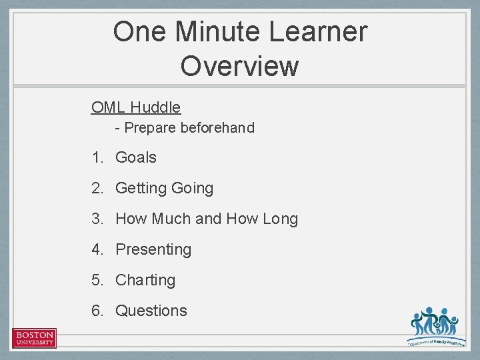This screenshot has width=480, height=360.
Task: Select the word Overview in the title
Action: click(x=239, y=66)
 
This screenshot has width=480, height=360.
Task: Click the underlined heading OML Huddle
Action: click(x=136, y=107)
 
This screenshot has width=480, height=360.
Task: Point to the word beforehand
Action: click(x=217, y=127)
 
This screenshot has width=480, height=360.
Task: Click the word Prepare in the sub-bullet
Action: click(x=150, y=127)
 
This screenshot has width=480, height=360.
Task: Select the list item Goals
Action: click(x=136, y=158)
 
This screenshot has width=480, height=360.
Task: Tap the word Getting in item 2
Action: click(x=141, y=189)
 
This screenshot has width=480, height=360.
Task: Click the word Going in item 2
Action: click(x=192, y=189)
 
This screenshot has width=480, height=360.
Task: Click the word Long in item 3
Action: click(x=280, y=219)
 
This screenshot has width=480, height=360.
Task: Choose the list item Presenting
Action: click(x=153, y=249)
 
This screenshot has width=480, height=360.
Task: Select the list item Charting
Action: click(x=145, y=280)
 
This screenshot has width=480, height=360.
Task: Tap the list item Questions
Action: click(x=151, y=311)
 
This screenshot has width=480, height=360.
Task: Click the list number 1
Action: click(x=97, y=158)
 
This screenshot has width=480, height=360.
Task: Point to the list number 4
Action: click(x=97, y=249)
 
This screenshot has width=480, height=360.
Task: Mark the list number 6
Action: click(x=97, y=311)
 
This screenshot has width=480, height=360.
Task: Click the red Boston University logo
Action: click(x=34, y=337)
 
